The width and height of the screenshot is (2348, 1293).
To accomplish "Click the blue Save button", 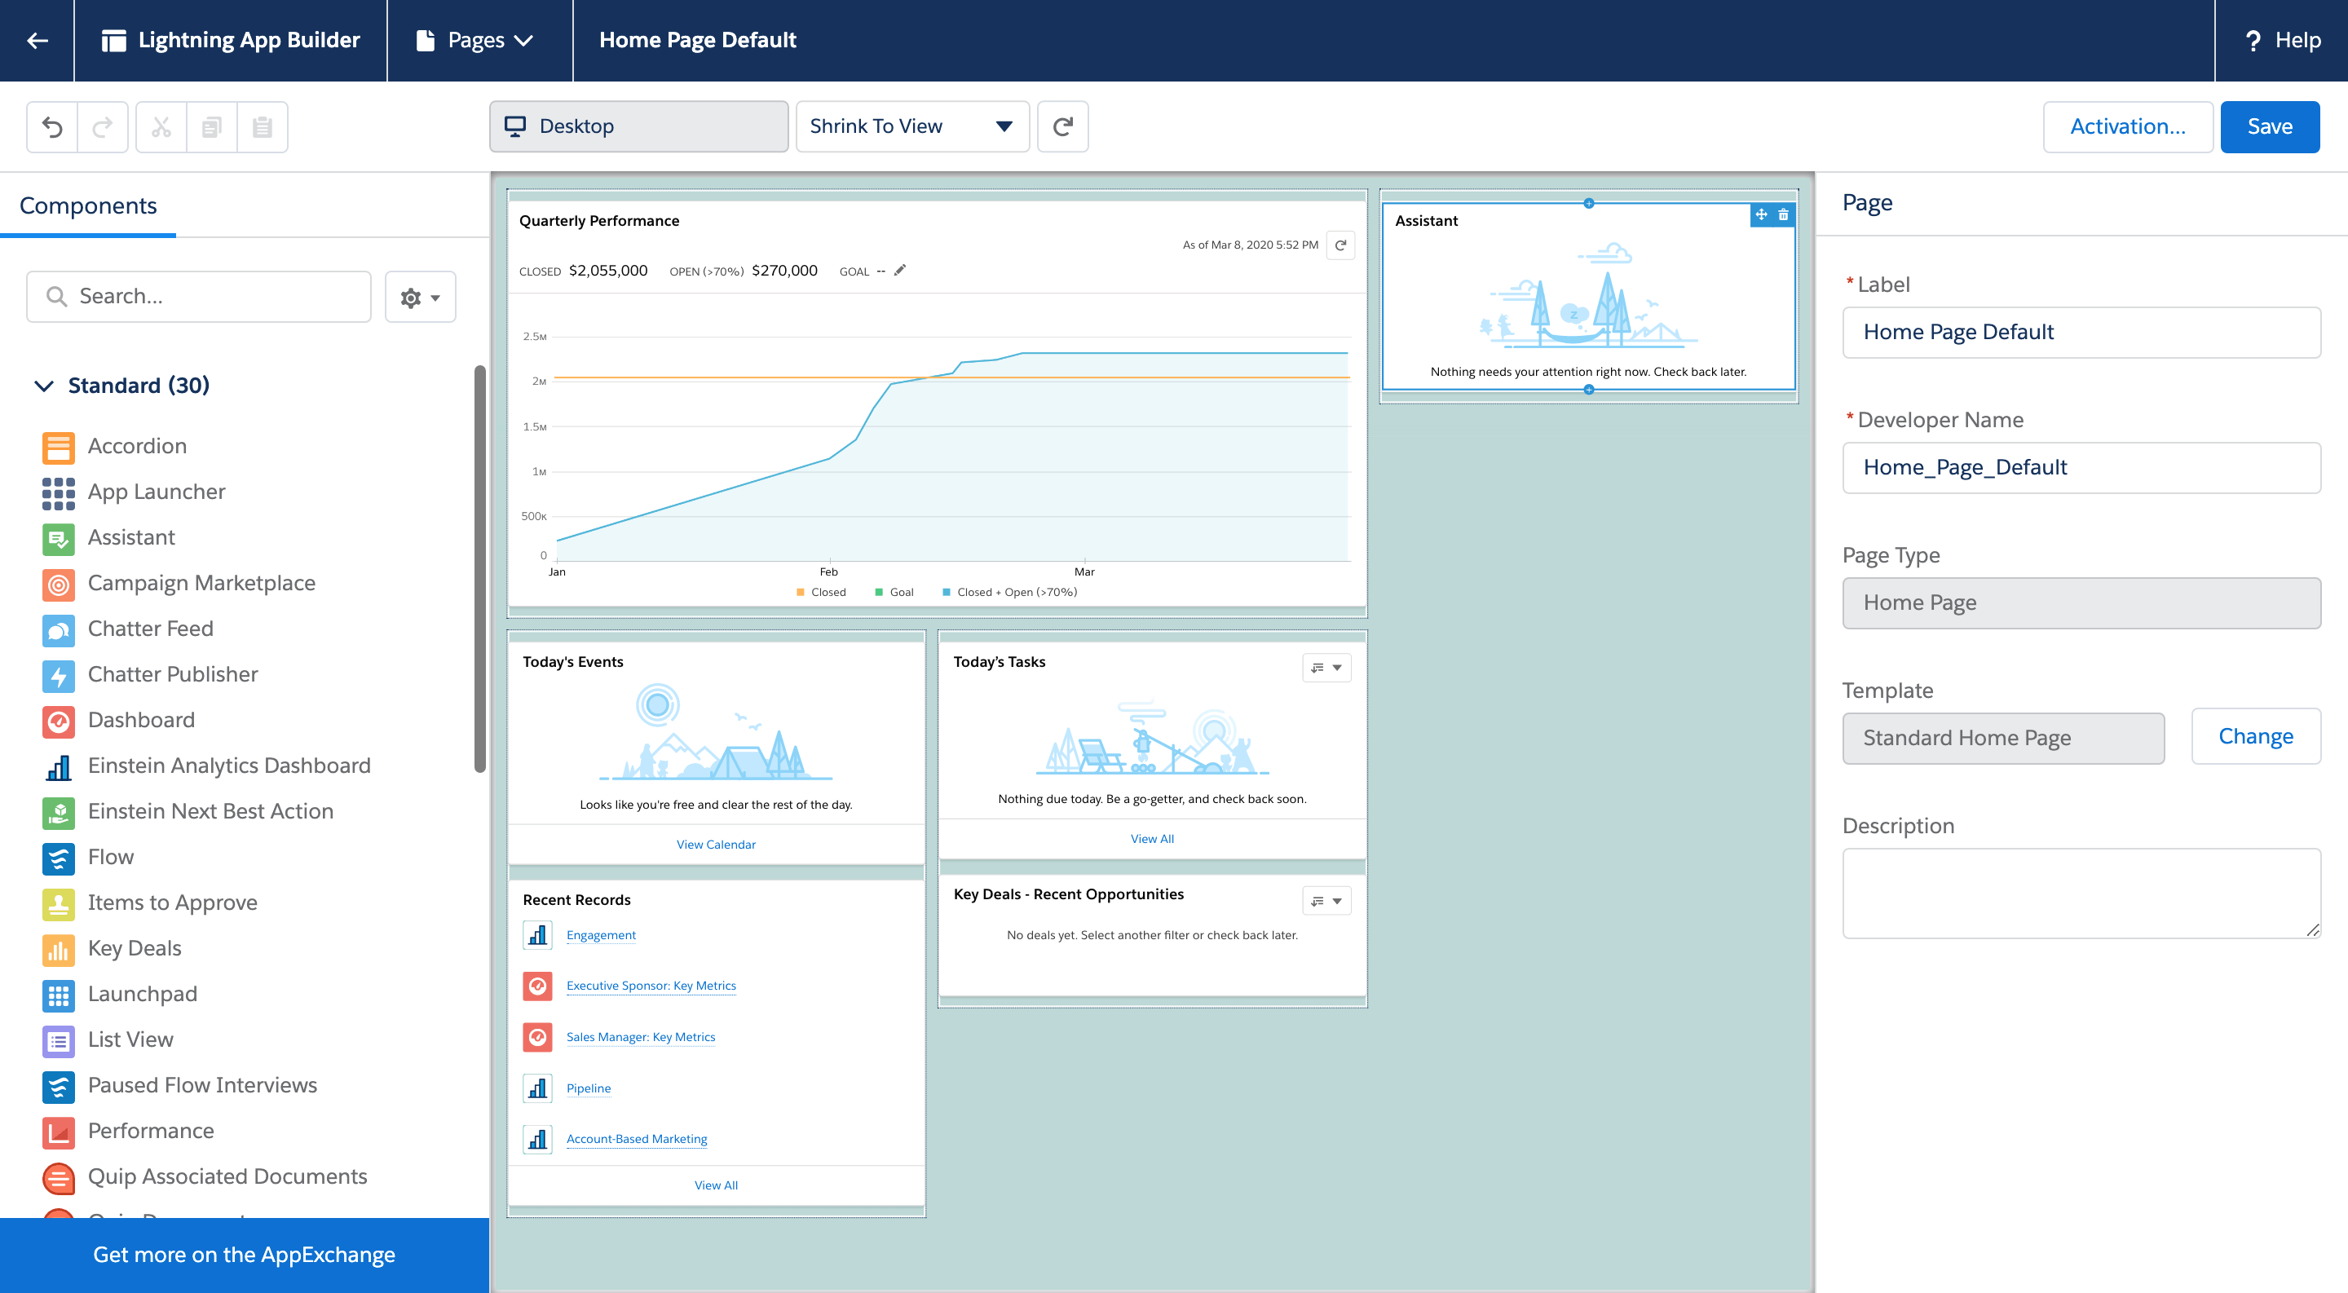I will [x=2269, y=126].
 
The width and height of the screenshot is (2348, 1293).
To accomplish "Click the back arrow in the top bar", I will [x=38, y=40].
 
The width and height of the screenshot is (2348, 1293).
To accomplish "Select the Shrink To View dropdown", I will [x=911, y=126].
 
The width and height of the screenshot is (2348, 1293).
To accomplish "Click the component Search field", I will [x=199, y=296].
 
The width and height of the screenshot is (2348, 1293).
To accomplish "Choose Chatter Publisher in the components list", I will [x=172, y=674].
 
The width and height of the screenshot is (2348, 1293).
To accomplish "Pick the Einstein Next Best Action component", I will [x=210, y=811].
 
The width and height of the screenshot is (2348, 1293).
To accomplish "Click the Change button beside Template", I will [x=2255, y=736].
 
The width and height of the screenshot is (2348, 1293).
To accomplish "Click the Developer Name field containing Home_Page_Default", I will [x=2080, y=467].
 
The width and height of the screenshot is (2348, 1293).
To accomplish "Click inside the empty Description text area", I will [x=2080, y=893].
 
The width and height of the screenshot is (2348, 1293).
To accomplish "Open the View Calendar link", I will [x=716, y=845].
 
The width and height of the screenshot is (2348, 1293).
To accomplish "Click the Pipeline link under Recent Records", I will [x=588, y=1088].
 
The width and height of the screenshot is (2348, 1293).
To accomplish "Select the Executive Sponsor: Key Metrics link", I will [x=651, y=986].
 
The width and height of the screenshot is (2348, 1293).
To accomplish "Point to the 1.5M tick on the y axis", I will [x=535, y=426].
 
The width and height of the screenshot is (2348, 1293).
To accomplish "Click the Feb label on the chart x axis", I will [x=828, y=572].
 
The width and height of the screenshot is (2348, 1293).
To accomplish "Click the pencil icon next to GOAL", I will [x=899, y=271].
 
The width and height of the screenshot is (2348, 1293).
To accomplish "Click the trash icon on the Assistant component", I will [x=1783, y=215].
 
